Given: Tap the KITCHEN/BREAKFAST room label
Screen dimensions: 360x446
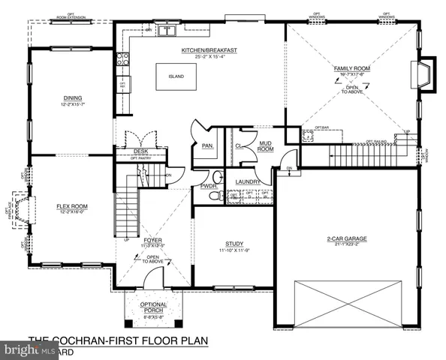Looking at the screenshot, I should [x=209, y=50].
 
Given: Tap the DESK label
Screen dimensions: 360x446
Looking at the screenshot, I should [x=140, y=151].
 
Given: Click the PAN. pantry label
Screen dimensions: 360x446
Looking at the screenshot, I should [x=204, y=147].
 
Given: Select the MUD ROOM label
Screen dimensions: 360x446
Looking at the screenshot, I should [x=264, y=147].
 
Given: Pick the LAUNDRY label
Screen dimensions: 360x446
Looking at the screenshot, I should [x=247, y=181].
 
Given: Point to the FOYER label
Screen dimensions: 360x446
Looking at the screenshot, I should [x=155, y=240].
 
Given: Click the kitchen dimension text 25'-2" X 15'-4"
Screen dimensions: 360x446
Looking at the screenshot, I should [x=209, y=57].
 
